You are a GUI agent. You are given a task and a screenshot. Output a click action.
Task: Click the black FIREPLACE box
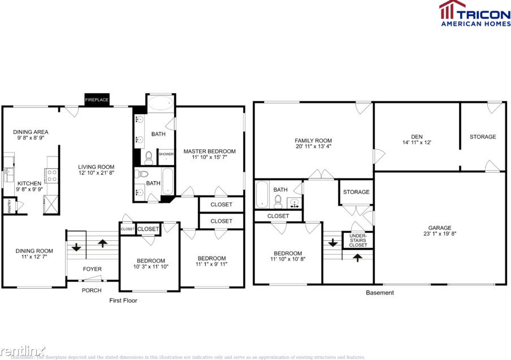point(97,99)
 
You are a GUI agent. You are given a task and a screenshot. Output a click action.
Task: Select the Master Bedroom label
point(209,151)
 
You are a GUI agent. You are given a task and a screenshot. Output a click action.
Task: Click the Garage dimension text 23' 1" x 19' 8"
point(439,235)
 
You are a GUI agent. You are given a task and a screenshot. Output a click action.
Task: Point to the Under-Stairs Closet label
point(358,241)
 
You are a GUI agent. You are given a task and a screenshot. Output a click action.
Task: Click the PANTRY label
point(9,206)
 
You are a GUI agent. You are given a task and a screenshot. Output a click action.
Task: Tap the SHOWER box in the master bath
point(166,154)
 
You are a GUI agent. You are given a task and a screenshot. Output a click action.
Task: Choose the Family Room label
point(313,141)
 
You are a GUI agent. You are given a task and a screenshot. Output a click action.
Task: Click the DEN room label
point(417,137)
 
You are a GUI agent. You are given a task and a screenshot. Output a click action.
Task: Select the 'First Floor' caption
point(123,301)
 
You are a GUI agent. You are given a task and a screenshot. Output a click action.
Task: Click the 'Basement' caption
point(380,293)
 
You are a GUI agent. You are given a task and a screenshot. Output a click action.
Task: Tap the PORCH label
point(92,290)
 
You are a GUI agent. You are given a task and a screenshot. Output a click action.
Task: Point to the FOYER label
point(92,269)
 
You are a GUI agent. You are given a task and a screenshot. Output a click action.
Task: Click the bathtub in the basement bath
point(262,194)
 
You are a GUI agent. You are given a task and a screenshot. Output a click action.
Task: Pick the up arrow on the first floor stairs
point(103,244)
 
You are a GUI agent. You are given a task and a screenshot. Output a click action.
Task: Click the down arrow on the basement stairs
point(332,242)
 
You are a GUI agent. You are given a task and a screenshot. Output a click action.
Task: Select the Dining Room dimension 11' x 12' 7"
point(34,257)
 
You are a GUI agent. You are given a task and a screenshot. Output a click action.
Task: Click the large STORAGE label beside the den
point(483,137)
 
